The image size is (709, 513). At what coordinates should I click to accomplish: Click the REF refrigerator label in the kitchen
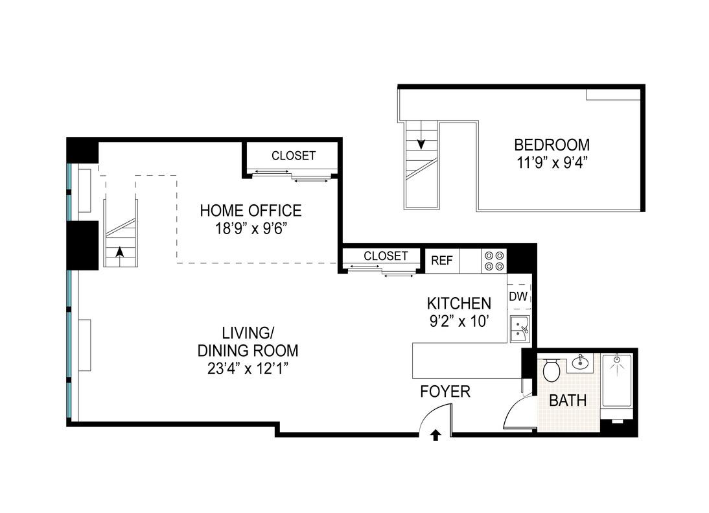point(442,261)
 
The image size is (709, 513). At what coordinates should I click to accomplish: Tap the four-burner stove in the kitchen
point(494,261)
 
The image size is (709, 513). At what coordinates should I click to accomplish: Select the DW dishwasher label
point(518,297)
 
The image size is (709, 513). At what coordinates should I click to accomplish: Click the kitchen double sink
point(520,328)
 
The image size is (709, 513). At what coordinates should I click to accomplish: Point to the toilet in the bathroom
point(552,370)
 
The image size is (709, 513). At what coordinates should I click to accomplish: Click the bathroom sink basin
point(579,363)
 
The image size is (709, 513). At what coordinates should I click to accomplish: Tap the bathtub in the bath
point(616,381)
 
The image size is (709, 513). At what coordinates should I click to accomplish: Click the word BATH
point(568,400)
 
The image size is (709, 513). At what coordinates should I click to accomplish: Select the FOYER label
point(445,391)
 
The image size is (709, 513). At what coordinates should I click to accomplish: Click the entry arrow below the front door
point(436,435)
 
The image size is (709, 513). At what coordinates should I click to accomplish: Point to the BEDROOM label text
point(552,145)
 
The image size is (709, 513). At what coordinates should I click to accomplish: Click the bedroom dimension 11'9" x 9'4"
point(552,162)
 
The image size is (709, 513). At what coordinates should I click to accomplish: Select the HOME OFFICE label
point(251,211)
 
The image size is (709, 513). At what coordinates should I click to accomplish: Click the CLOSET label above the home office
point(294,156)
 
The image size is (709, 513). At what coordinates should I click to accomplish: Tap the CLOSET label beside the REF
point(386,256)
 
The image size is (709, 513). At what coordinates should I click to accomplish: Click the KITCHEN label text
point(459,303)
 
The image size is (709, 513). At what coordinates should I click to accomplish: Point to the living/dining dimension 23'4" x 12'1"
point(248,368)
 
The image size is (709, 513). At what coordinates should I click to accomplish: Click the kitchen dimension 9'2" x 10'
point(459,321)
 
